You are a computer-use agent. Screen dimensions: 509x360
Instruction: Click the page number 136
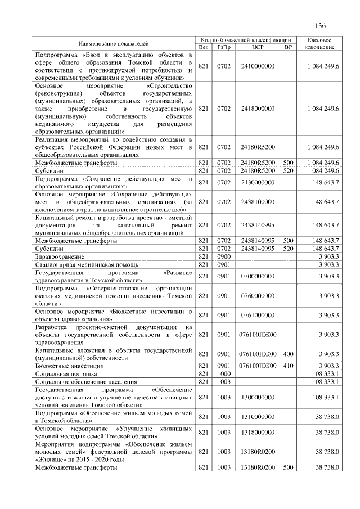tap(321, 26)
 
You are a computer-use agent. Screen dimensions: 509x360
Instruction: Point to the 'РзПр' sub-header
tap(224, 47)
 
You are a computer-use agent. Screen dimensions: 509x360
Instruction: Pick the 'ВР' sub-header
tap(289, 47)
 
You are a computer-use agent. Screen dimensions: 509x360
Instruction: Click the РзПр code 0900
tap(224, 256)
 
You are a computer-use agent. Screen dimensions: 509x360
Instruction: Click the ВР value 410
tap(289, 366)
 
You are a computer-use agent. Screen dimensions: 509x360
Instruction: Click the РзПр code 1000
tap(224, 373)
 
